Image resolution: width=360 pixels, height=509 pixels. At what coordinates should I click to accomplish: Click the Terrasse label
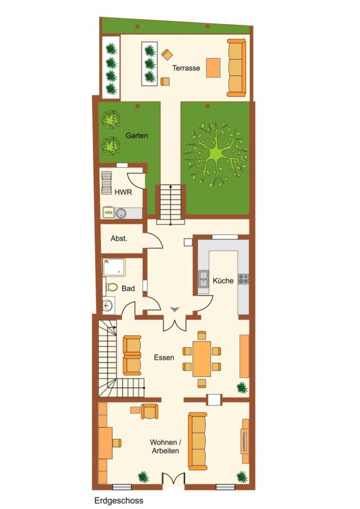coord(186,68)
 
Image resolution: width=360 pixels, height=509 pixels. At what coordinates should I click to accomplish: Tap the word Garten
coord(136,135)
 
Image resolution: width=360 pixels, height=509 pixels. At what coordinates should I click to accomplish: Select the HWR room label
coord(123,192)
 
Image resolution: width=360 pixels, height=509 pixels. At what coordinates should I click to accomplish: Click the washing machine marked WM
coord(108,213)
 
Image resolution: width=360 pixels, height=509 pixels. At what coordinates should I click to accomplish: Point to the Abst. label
coord(119,239)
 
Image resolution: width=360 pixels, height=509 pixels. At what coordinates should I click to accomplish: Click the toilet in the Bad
coord(111,287)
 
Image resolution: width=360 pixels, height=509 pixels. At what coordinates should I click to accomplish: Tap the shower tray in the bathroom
coord(114,267)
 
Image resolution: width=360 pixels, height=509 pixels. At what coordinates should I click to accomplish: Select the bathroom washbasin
coord(108,305)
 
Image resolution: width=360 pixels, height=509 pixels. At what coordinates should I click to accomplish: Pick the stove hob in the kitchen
coord(243,278)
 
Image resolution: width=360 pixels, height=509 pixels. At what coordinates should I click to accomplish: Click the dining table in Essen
coord(202,359)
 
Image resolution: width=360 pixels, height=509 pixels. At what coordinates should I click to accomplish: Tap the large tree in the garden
coord(214,154)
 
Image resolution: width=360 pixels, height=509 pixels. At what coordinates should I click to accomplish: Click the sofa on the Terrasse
coord(236,68)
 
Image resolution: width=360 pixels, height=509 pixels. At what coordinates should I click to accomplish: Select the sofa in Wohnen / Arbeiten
coord(197,442)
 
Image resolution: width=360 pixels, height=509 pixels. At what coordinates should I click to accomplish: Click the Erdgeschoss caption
coord(119,501)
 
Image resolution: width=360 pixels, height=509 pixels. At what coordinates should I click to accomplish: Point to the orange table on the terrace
coord(213,67)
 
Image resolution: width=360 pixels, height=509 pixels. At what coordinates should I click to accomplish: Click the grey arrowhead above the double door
coord(175,309)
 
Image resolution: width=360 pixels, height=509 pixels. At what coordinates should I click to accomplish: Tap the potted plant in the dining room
coord(242,387)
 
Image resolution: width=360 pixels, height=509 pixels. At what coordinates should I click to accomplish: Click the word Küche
coord(223,281)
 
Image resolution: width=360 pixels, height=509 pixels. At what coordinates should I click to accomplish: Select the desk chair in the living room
coord(117,442)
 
